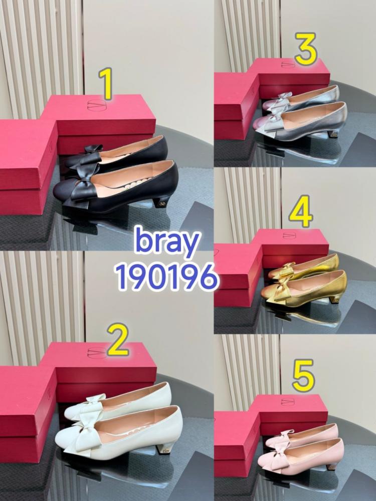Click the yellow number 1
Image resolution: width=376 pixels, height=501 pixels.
[106, 84]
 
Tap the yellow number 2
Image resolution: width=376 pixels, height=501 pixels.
[118, 339]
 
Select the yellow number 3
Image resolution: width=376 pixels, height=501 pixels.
[306, 49]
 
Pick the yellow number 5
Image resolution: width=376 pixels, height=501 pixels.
[303, 375]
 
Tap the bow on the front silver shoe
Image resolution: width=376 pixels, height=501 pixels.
[272, 121]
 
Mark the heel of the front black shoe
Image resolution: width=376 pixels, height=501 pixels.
[162, 202]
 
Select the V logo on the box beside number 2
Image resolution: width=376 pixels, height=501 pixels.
[96, 352]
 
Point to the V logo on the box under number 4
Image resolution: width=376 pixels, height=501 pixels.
[289, 235]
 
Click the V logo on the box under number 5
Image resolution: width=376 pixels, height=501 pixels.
[288, 401]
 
